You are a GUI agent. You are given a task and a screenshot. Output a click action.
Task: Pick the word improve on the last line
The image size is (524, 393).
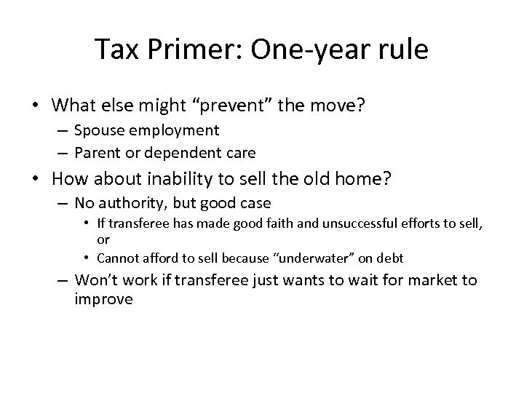click(104, 298)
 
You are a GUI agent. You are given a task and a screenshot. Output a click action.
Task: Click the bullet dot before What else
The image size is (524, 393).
click(37, 106)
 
